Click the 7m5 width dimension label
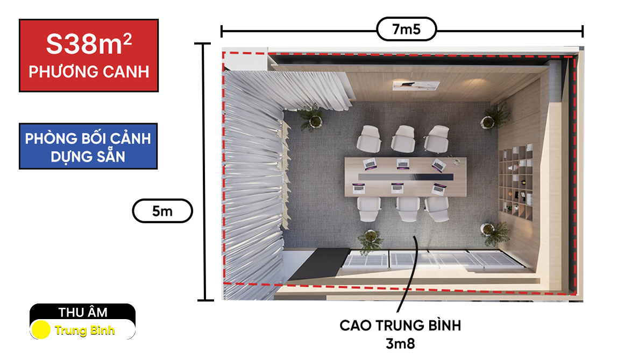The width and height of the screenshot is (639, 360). click(406, 29)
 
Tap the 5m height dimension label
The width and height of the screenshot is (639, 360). click(162, 211)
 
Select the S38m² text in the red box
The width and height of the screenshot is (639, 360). click(89, 44)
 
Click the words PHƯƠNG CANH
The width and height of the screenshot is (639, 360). click(89, 72)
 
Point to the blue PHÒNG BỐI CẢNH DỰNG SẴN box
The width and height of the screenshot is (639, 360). click(88, 146)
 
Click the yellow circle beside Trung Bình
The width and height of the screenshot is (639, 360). click(40, 329)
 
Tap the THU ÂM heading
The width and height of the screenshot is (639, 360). click(83, 312)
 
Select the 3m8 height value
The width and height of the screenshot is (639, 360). click(400, 344)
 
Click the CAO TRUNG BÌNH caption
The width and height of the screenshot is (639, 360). click(400, 326)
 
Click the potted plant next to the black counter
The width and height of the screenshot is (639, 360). click(370, 240)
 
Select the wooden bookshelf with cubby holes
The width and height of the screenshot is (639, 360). click(516, 182)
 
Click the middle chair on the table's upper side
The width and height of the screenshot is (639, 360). click(403, 138)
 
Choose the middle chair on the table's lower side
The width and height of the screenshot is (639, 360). click(408, 209)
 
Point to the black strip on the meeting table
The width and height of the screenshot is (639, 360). click(406, 177)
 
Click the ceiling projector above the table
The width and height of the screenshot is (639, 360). click(416, 86)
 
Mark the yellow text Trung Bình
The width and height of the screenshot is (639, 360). click(85, 330)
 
